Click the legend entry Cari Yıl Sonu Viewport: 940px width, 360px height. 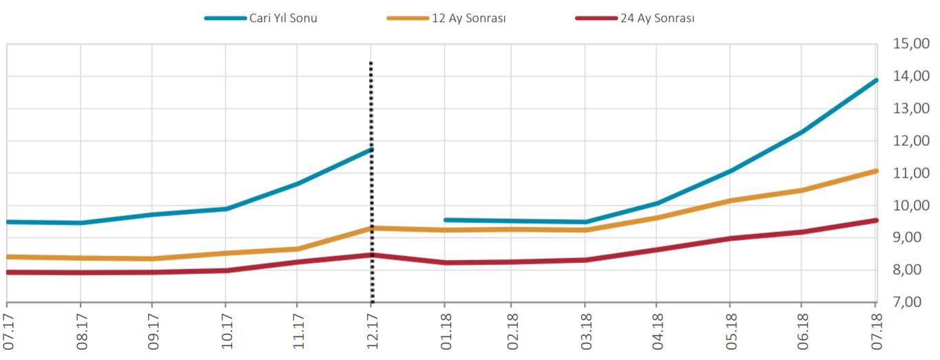click(283, 19)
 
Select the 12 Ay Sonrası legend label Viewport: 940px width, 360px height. click(469, 19)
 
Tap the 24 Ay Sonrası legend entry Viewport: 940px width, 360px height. click(656, 19)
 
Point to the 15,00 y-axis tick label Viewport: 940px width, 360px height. click(911, 45)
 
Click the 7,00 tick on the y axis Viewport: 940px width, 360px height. click(911, 302)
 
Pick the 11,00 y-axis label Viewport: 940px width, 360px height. click(911, 173)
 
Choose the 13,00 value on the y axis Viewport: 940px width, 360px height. click(911, 109)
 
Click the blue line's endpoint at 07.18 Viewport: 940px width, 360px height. click(875, 81)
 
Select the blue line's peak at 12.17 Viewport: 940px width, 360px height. click(371, 149)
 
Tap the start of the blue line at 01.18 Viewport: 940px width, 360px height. click(446, 220)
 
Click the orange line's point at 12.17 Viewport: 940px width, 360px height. click(372, 228)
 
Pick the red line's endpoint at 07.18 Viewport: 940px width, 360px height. click(875, 220)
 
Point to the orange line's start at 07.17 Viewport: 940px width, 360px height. click(8, 257)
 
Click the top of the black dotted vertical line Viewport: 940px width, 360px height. click(371, 63)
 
